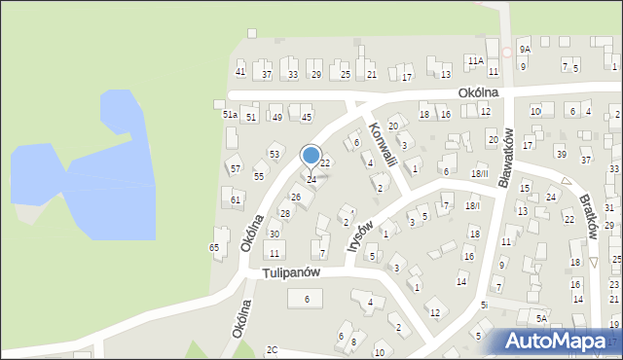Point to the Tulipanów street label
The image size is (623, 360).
pyautogui.click(x=291, y=273)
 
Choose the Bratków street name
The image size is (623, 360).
pyautogui.click(x=591, y=209)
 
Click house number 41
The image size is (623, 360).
pyautogui.click(x=240, y=74)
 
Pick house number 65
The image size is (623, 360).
pyautogui.click(x=214, y=248)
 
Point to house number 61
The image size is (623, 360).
pyautogui.click(x=236, y=200)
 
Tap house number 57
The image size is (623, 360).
pyautogui.click(x=236, y=169)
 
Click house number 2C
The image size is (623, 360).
pyautogui.click(x=273, y=349)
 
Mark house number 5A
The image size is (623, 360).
pyautogui.click(x=540, y=317)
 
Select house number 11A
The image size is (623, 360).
pyautogui.click(x=475, y=60)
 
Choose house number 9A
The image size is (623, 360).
pyautogui.click(x=524, y=49)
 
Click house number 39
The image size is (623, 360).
pyautogui.click(x=560, y=154)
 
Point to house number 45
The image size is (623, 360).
pyautogui.click(x=307, y=118)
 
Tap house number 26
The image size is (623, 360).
pyautogui.click(x=296, y=198)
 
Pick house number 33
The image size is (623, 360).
pyautogui.click(x=292, y=74)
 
